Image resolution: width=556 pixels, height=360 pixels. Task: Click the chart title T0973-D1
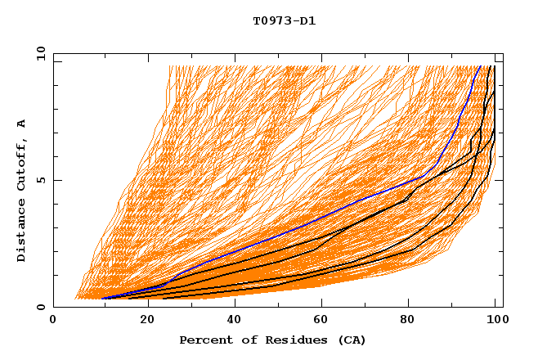tap(284, 20)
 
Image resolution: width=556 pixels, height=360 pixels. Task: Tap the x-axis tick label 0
tap(53, 321)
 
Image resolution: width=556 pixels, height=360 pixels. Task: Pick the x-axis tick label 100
tap(496, 321)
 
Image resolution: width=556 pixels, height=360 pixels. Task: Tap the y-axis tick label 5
tap(41, 180)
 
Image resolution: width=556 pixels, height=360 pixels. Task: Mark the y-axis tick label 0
tap(41, 308)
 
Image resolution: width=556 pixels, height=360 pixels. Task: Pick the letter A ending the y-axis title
tap(21, 124)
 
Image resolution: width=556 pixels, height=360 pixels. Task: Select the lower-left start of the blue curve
tap(102, 299)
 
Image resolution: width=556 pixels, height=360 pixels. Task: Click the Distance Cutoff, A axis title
tap(21, 191)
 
